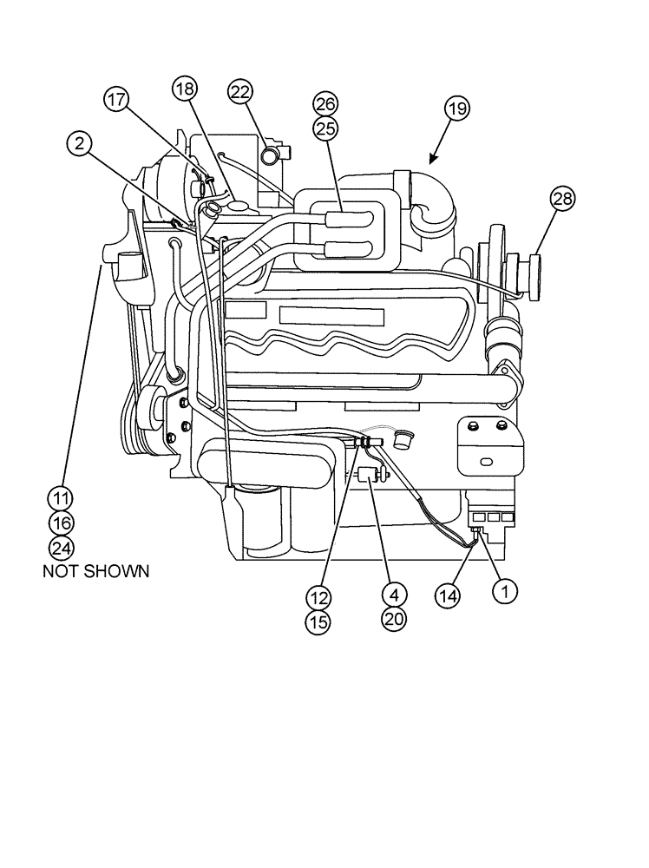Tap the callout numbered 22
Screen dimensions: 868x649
pos(240,91)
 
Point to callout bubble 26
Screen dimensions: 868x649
pos(325,105)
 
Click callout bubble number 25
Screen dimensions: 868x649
pos(325,128)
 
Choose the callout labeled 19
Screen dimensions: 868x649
pos(456,108)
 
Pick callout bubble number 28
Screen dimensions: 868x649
pos(562,199)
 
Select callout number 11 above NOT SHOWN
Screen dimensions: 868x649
pos(61,498)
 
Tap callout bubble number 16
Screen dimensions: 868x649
pos(61,523)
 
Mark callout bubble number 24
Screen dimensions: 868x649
pos(61,547)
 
